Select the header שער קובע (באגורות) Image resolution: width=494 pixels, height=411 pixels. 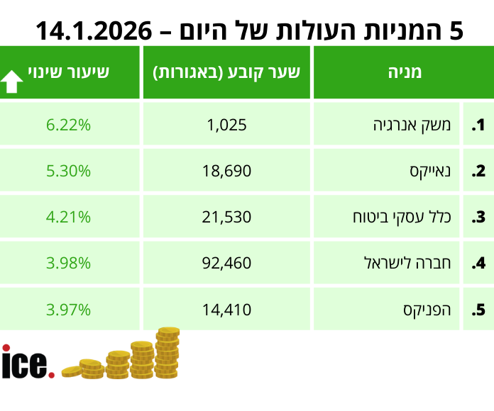(x=227, y=72)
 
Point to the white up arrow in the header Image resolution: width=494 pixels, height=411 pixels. (x=12, y=82)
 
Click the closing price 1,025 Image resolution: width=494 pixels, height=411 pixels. (x=227, y=125)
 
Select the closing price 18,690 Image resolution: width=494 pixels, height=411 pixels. (x=227, y=171)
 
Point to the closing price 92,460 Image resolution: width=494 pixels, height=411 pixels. (x=227, y=263)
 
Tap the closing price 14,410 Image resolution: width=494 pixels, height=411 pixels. (x=227, y=309)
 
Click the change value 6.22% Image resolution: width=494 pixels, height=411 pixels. (x=68, y=125)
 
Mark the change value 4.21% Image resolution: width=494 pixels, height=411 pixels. (x=68, y=217)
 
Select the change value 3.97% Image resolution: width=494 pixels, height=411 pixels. (x=68, y=309)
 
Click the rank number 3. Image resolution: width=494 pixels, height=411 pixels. (x=478, y=218)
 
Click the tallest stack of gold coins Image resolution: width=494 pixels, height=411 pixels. (x=168, y=352)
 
